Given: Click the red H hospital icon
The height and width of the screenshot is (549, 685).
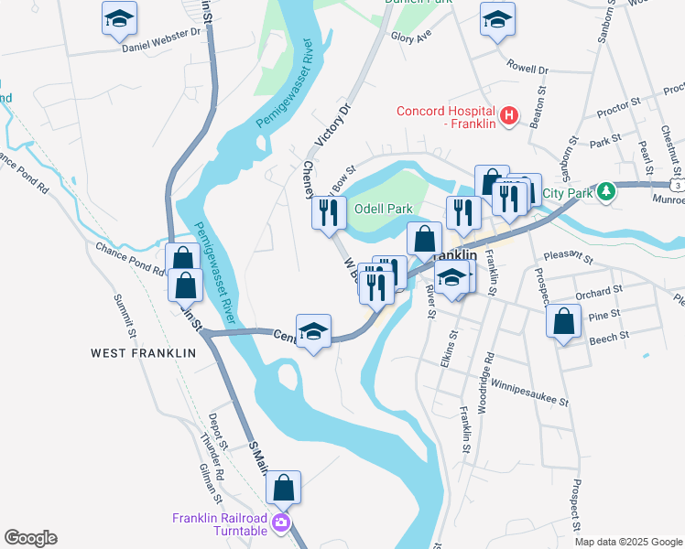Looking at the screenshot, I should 510,117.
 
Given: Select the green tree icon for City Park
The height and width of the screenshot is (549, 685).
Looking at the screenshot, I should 605,192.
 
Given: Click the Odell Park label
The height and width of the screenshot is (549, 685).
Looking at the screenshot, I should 383,209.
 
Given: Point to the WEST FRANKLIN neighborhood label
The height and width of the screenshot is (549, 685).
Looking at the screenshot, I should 143,352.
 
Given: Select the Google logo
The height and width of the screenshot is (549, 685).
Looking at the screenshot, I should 30,538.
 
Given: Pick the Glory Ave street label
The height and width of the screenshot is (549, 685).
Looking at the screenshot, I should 410,38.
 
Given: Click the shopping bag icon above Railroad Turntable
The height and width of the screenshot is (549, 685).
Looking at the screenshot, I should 284,488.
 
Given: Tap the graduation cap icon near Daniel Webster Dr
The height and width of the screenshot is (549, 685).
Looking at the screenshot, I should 117,19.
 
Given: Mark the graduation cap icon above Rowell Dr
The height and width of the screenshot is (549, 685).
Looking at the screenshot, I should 496,19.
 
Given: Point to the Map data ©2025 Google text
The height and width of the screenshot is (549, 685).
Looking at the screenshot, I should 627,541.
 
